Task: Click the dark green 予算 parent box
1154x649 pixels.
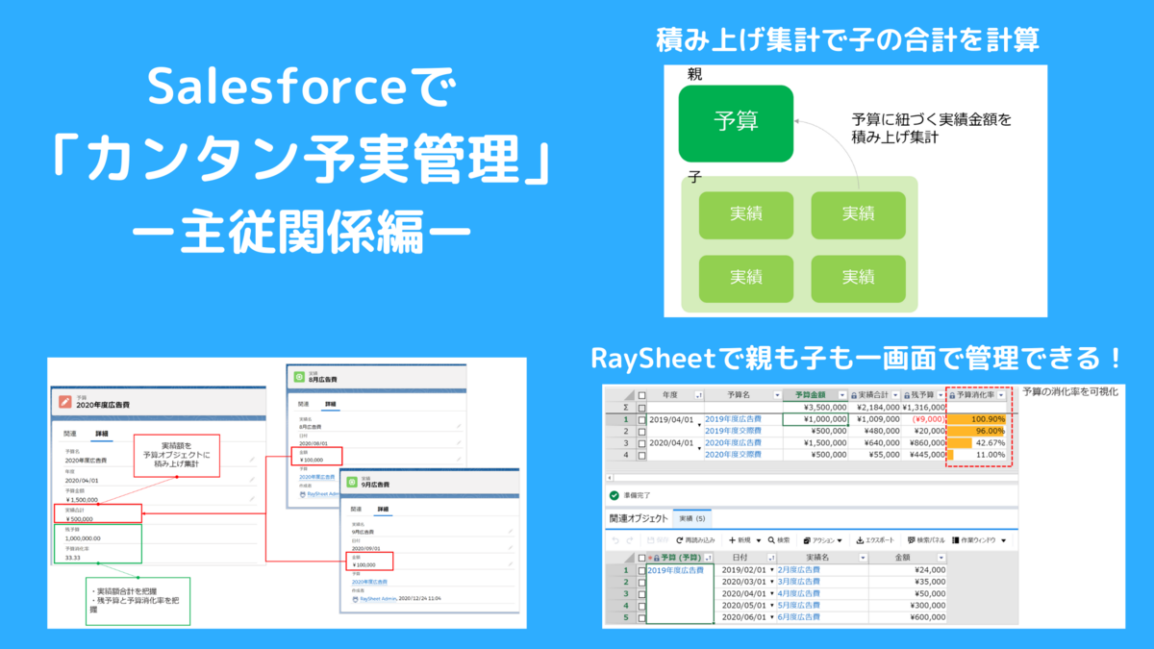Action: click(736, 123)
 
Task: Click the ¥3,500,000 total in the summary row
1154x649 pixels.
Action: click(815, 407)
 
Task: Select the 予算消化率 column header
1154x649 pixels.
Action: click(976, 394)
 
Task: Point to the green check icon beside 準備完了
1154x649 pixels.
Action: click(615, 495)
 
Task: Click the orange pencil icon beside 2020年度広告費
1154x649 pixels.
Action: click(65, 402)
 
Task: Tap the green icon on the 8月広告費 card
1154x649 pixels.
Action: click(298, 377)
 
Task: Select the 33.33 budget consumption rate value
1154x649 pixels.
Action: click(74, 558)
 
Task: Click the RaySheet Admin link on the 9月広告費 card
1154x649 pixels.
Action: click(375, 598)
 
